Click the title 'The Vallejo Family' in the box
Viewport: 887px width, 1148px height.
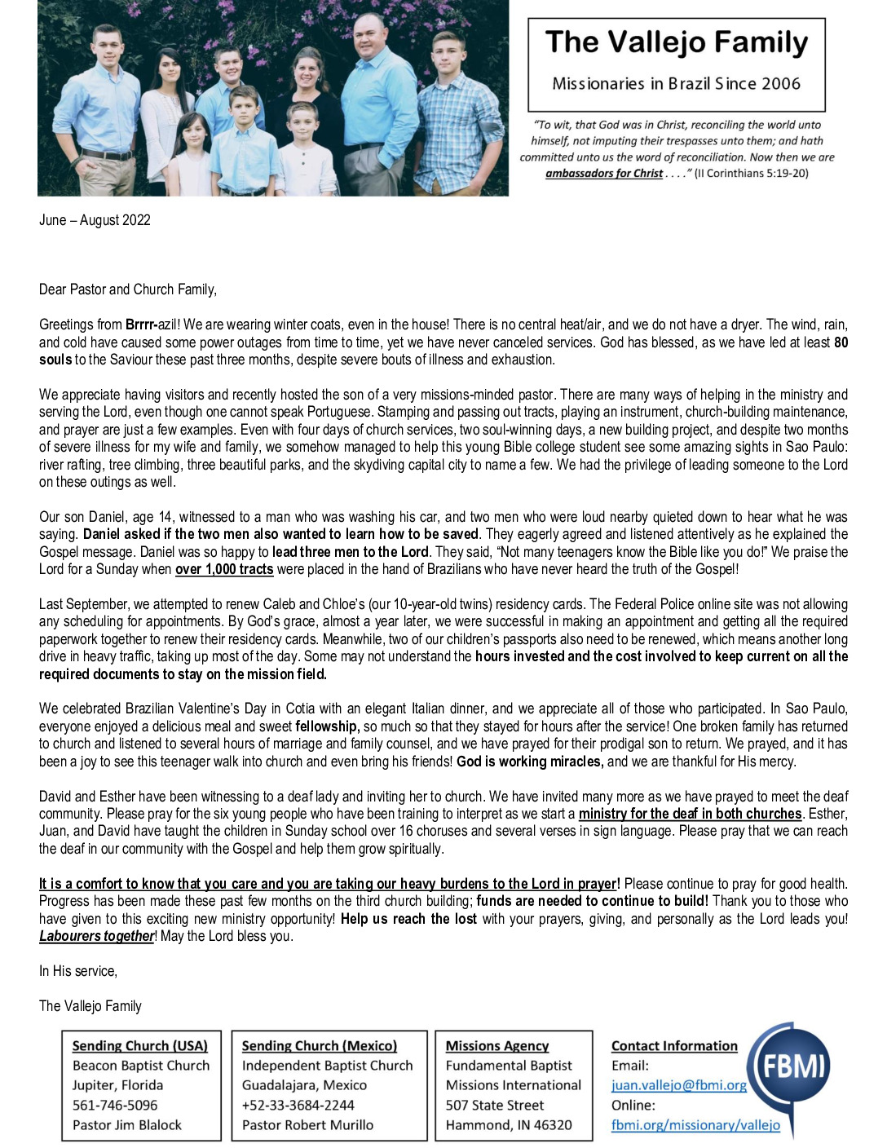pyautogui.click(x=676, y=42)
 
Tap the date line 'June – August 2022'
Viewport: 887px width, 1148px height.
pyautogui.click(x=95, y=220)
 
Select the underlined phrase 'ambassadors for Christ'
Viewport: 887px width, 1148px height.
pyautogui.click(x=603, y=174)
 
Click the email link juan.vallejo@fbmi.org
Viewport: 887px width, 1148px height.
pyautogui.click(x=678, y=1085)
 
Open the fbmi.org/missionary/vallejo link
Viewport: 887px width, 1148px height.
pyautogui.click(x=695, y=1125)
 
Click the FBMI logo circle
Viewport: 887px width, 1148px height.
pyautogui.click(x=789, y=1066)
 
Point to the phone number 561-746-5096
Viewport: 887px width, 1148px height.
pyautogui.click(x=115, y=1106)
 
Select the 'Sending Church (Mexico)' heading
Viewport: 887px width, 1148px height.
pyautogui.click(x=319, y=1046)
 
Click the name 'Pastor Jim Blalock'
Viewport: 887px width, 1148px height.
pyautogui.click(x=127, y=1125)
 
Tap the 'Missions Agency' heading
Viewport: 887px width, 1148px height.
pyautogui.click(x=496, y=1046)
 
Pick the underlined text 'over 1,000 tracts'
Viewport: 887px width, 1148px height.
pyautogui.click(x=224, y=569)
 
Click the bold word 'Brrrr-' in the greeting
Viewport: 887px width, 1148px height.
pyautogui.click(x=142, y=325)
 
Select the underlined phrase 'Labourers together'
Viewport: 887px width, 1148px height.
pyautogui.click(x=96, y=936)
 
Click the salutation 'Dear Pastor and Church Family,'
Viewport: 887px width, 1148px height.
pyautogui.click(x=128, y=289)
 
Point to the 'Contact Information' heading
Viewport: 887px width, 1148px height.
pyautogui.click(x=674, y=1046)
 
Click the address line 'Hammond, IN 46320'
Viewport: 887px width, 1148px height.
pyautogui.click(x=508, y=1125)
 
